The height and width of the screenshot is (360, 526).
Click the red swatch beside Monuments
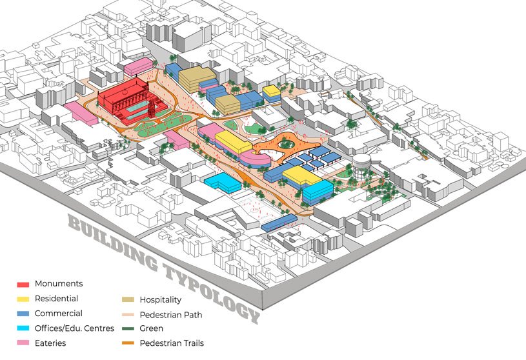[x=23, y=284]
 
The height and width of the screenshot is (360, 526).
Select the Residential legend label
[x=56, y=299]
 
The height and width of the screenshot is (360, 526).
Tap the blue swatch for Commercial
[x=23, y=314]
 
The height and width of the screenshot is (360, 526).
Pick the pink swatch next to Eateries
[x=23, y=344]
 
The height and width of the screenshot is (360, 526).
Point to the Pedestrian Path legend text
[x=171, y=315]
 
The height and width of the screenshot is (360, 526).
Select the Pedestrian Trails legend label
[x=172, y=343]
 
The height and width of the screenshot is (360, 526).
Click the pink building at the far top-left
[x=137, y=66]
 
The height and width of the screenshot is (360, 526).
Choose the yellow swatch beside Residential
[x=23, y=299]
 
